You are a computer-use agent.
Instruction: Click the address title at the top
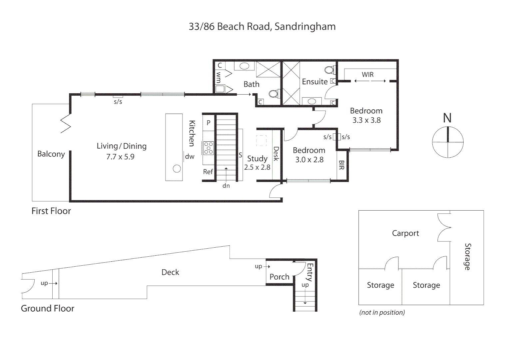click(x=262, y=27)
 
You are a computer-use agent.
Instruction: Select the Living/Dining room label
click(x=122, y=146)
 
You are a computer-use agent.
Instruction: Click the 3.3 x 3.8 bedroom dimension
click(x=366, y=120)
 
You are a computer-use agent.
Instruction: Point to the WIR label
click(x=367, y=75)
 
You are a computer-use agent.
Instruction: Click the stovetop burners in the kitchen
click(x=209, y=148)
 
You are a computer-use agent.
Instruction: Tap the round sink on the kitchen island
click(x=177, y=169)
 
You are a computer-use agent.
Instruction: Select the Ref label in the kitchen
click(x=208, y=172)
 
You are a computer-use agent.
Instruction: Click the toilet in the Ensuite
click(x=329, y=70)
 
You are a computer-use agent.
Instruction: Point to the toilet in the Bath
click(x=273, y=94)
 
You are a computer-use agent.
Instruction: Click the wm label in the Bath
click(x=219, y=77)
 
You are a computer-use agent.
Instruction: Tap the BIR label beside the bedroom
click(x=341, y=165)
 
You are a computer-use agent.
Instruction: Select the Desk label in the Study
click(x=276, y=154)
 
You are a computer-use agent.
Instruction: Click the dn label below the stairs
click(x=226, y=186)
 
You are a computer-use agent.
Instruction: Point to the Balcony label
click(x=51, y=154)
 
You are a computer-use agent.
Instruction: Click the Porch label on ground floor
click(x=279, y=277)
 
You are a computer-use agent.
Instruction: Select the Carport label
click(x=405, y=233)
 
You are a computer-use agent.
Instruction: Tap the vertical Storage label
click(x=468, y=257)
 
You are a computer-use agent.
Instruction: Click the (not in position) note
click(x=382, y=312)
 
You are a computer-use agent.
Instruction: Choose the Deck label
click(x=170, y=272)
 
